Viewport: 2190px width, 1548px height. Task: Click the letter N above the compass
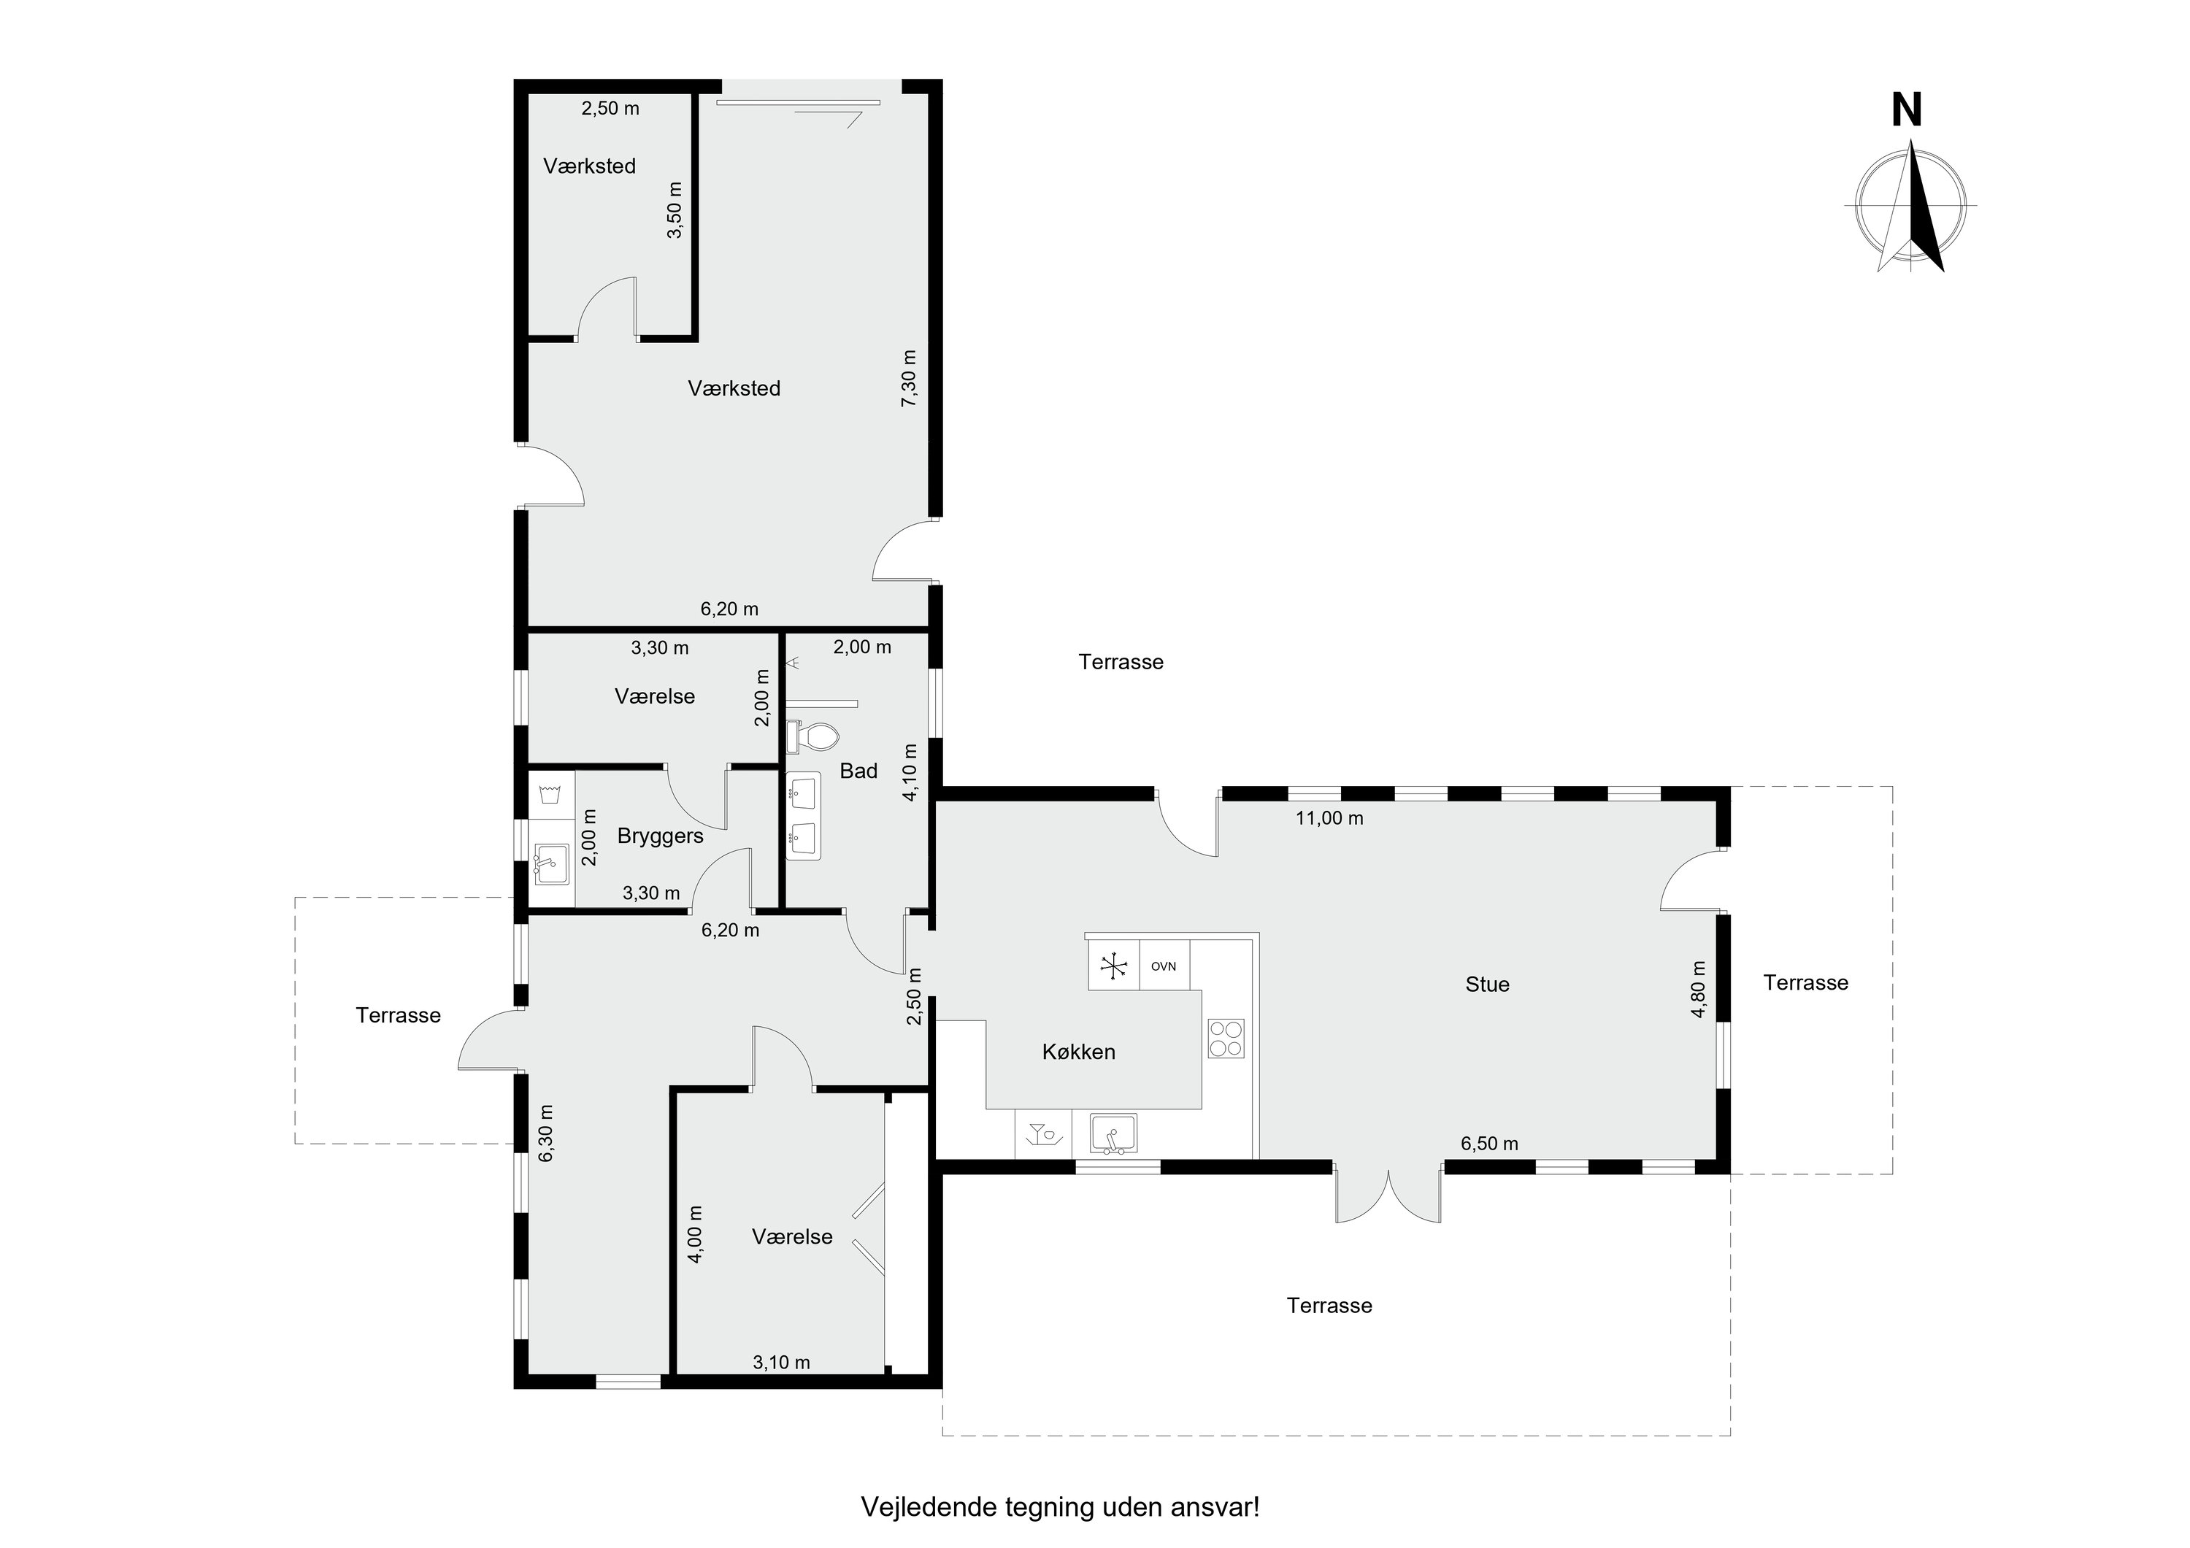pyautogui.click(x=1907, y=112)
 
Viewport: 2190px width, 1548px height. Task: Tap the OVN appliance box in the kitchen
pyautogui.click(x=1164, y=966)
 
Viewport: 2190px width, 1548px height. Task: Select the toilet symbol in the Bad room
pyautogui.click(x=812, y=736)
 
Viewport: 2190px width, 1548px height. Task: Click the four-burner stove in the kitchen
pyautogui.click(x=1226, y=1038)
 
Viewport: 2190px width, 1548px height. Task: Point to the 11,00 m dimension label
pyautogui.click(x=1329, y=817)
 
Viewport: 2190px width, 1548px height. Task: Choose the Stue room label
pyautogui.click(x=1487, y=985)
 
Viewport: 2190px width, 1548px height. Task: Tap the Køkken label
pyautogui.click(x=1079, y=1052)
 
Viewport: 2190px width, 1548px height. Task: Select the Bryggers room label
pyautogui.click(x=660, y=836)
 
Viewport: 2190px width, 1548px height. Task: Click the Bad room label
pyautogui.click(x=858, y=771)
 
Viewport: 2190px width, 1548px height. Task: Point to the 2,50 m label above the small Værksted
pyautogui.click(x=610, y=109)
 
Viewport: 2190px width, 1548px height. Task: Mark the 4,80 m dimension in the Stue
pyautogui.click(x=1699, y=989)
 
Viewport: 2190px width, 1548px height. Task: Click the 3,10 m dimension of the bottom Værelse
pyautogui.click(x=781, y=1362)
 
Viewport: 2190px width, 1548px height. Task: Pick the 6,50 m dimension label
pyautogui.click(x=1489, y=1144)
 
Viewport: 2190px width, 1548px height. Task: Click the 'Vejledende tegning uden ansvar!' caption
pyautogui.click(x=1060, y=1507)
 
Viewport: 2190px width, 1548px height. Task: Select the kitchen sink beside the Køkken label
pyautogui.click(x=1113, y=1134)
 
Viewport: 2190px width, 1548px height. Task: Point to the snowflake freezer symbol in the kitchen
pyautogui.click(x=1113, y=966)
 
